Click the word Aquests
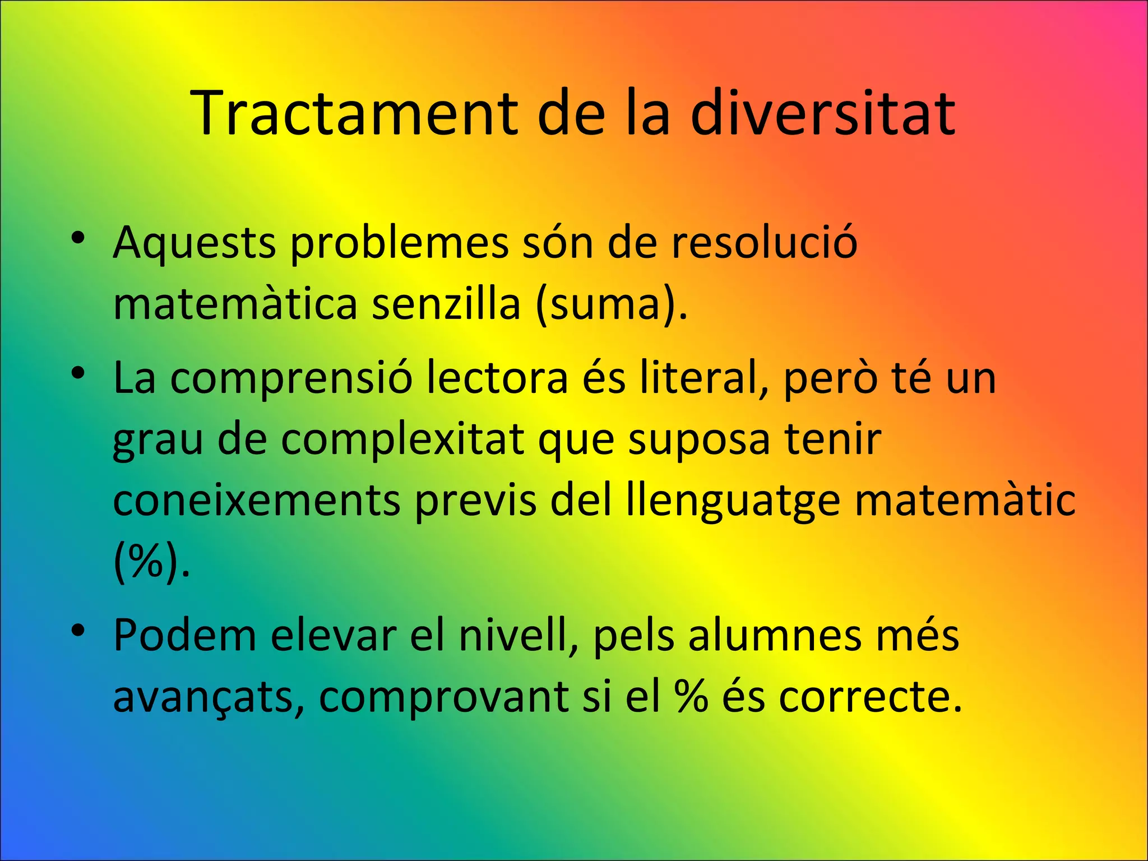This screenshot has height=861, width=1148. (x=195, y=244)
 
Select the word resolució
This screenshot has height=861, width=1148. (x=765, y=244)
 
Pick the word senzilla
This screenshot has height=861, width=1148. (x=446, y=305)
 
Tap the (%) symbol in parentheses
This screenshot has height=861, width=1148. (x=151, y=562)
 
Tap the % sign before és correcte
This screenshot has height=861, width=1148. (x=692, y=698)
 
